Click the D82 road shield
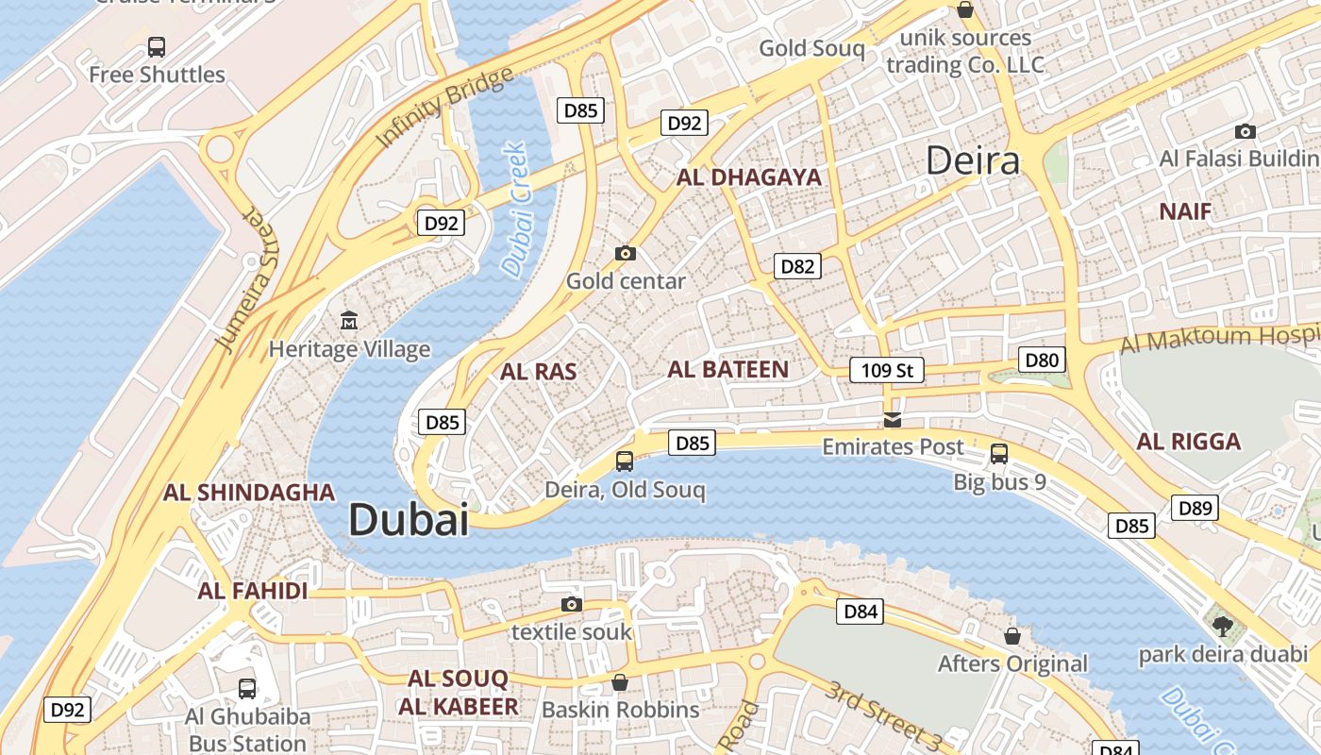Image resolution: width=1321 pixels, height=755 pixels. point(797,266)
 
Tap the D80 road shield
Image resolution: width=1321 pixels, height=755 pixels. point(1042,360)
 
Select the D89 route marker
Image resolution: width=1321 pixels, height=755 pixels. point(1196,508)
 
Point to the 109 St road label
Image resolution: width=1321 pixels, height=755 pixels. point(887,370)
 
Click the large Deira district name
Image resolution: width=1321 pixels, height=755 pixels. point(973,160)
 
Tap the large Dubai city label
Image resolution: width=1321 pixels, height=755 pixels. point(409,520)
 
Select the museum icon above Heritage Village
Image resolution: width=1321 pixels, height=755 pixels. point(349,321)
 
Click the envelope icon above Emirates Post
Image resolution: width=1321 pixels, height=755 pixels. point(893,420)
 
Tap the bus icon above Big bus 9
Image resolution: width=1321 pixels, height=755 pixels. point(999,454)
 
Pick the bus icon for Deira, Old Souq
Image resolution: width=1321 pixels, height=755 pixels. point(625,461)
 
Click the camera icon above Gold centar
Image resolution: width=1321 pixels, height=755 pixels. point(625,253)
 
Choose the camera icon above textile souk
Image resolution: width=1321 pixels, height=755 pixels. point(571,604)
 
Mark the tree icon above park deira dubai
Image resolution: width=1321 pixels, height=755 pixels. point(1222,625)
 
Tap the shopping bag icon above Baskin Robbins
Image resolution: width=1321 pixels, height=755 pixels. point(620,681)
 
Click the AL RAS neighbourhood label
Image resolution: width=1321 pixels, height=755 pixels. point(538,372)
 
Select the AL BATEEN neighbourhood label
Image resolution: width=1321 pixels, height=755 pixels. point(727,369)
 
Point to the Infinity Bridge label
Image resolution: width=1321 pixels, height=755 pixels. point(444,108)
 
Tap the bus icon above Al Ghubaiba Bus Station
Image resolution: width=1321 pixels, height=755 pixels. point(247,689)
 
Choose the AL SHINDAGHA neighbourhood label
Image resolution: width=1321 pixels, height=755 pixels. point(249,493)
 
